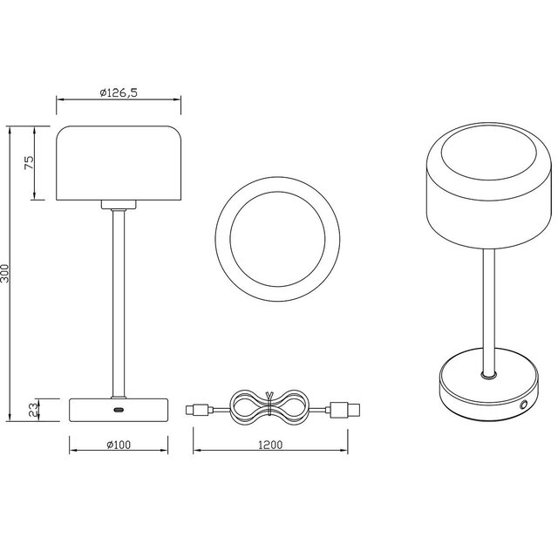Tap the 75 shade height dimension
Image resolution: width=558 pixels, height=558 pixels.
tap(28, 164)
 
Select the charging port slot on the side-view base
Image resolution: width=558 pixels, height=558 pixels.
tap(119, 408)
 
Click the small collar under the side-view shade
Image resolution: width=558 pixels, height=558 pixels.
tap(119, 206)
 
